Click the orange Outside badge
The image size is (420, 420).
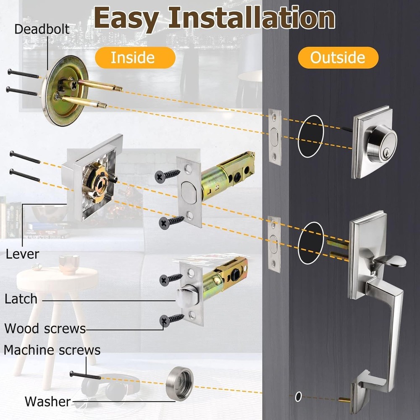[x=338, y=58]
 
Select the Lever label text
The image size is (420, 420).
[x=22, y=254]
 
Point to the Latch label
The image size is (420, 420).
[x=21, y=299]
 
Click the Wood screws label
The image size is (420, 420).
[x=45, y=328]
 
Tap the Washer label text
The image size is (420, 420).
[x=47, y=401]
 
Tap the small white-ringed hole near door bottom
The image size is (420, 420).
[x=298, y=396]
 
